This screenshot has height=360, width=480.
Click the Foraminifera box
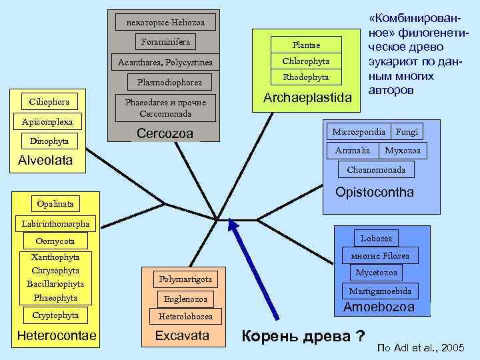point(166,42)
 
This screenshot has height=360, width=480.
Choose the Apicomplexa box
point(47,122)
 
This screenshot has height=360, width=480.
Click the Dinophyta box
point(49,141)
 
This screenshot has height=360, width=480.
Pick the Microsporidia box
point(359,131)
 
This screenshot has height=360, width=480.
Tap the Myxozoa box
point(403,151)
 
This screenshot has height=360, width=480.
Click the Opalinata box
point(56,202)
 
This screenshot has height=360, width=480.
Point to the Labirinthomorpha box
point(55,223)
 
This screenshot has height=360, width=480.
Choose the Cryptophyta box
point(56,315)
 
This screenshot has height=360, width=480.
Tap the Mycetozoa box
point(376,273)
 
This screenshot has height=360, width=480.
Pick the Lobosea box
point(377,238)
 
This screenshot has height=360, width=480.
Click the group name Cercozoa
point(165,134)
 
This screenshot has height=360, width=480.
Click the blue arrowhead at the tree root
point(232,227)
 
